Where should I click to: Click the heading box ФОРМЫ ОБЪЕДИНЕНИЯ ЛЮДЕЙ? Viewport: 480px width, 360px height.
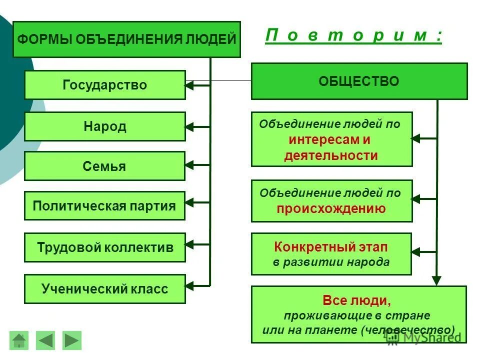(126, 39)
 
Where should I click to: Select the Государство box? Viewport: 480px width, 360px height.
(105, 85)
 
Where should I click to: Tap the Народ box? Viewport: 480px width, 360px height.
(105, 126)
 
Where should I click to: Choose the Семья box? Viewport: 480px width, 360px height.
(104, 166)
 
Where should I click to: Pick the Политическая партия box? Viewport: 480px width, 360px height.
(104, 206)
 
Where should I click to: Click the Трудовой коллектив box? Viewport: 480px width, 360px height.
(105, 247)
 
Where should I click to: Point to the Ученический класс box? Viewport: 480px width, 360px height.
(105, 289)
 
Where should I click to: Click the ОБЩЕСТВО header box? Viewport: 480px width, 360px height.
(359, 81)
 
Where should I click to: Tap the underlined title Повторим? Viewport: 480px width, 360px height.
(353, 36)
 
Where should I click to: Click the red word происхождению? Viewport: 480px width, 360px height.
(331, 209)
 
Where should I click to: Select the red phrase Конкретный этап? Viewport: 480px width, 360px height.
(331, 247)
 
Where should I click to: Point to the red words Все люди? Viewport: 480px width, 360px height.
(356, 300)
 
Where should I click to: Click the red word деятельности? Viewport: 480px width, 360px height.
(331, 155)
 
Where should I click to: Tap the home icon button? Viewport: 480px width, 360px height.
(19, 340)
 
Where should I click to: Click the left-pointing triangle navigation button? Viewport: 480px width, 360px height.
(46, 340)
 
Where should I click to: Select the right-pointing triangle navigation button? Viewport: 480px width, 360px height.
(72, 340)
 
